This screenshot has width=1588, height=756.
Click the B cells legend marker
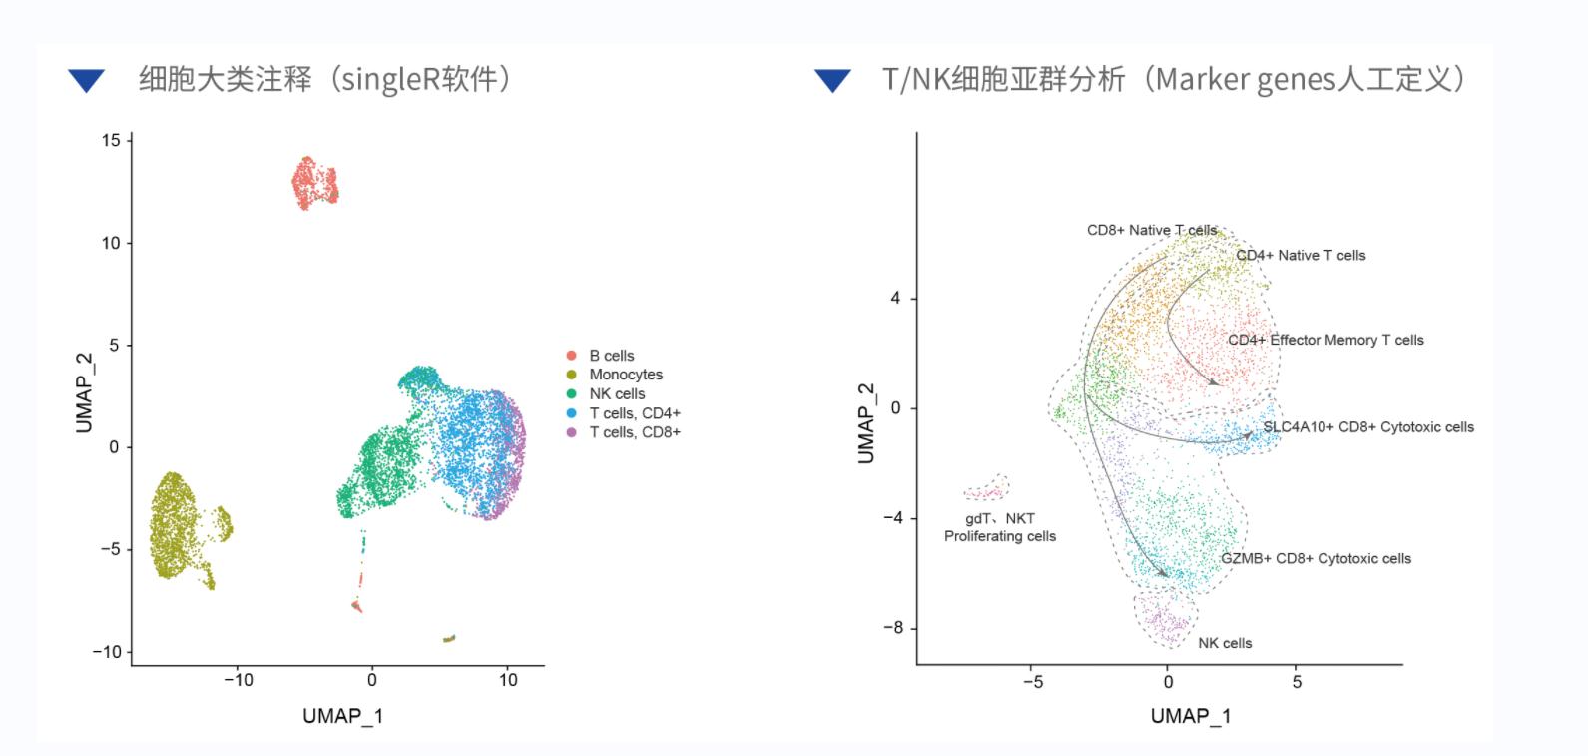571,356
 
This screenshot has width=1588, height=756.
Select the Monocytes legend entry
625,375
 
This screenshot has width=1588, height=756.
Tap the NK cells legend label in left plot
617,393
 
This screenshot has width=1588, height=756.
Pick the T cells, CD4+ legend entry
634,413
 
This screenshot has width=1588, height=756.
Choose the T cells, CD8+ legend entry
634,432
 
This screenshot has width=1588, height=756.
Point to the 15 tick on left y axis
110,140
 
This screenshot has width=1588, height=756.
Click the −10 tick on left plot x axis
238,680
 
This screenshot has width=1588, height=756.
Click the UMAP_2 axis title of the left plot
84,392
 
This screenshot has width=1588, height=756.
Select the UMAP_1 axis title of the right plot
1190,716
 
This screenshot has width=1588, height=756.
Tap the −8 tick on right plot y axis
893,628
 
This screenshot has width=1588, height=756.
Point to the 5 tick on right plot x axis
1297,682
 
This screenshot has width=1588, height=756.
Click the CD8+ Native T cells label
1151,230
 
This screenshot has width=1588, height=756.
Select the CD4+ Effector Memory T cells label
1325,340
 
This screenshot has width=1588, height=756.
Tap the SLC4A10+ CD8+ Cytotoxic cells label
1367,427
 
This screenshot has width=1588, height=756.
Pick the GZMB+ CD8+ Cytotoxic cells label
1316,559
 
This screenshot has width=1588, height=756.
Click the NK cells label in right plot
1225,643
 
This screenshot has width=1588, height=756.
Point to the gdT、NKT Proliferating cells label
999,527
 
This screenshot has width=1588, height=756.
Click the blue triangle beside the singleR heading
87,80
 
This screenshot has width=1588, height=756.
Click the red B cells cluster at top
314,183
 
